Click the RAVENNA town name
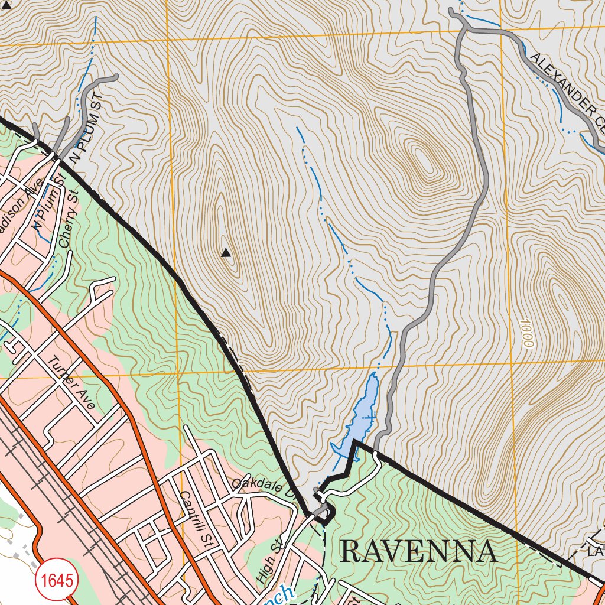point(418,552)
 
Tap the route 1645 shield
point(57,580)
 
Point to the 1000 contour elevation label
point(528,333)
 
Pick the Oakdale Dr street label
point(263,487)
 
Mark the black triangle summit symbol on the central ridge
point(226,253)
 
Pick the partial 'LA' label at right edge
point(594,552)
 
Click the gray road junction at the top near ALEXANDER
point(467,28)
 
